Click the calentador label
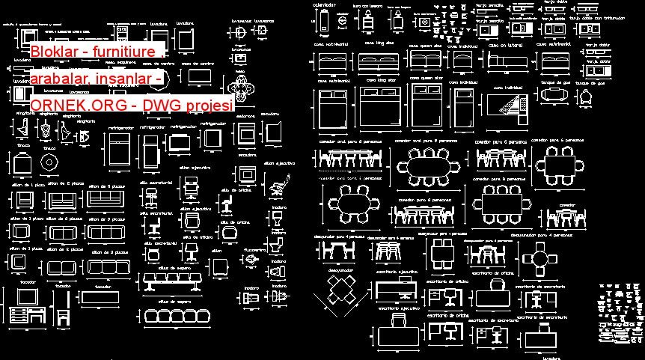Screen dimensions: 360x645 324,5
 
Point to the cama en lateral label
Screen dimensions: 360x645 505,45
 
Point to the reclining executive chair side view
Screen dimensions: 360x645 281,180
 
